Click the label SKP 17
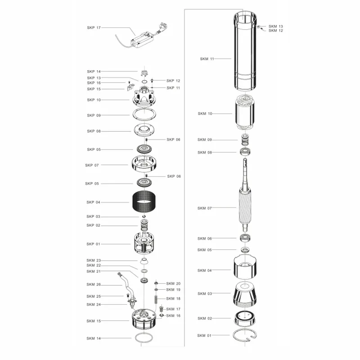click(94, 27)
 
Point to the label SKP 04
click(94, 202)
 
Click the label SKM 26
click(94, 284)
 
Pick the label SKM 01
click(204, 336)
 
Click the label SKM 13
click(276, 27)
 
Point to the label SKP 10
click(94, 100)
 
